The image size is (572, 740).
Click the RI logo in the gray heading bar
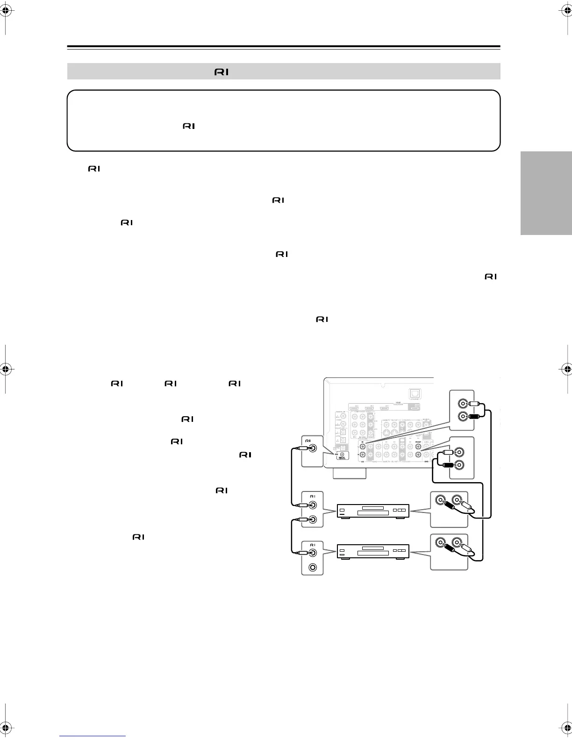point(222,72)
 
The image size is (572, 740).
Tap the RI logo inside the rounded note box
point(189,126)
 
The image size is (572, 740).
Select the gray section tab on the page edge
point(546,193)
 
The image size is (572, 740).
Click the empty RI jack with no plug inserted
point(313,567)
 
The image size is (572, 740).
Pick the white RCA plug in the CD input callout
point(473,403)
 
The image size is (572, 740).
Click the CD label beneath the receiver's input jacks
point(362,462)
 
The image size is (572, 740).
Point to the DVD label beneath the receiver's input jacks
point(427,462)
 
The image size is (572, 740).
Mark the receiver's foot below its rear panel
point(349,473)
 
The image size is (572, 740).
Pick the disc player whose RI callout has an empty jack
point(373,551)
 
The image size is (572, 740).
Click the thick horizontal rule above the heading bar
point(284,47)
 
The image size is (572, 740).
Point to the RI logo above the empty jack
point(313,545)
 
